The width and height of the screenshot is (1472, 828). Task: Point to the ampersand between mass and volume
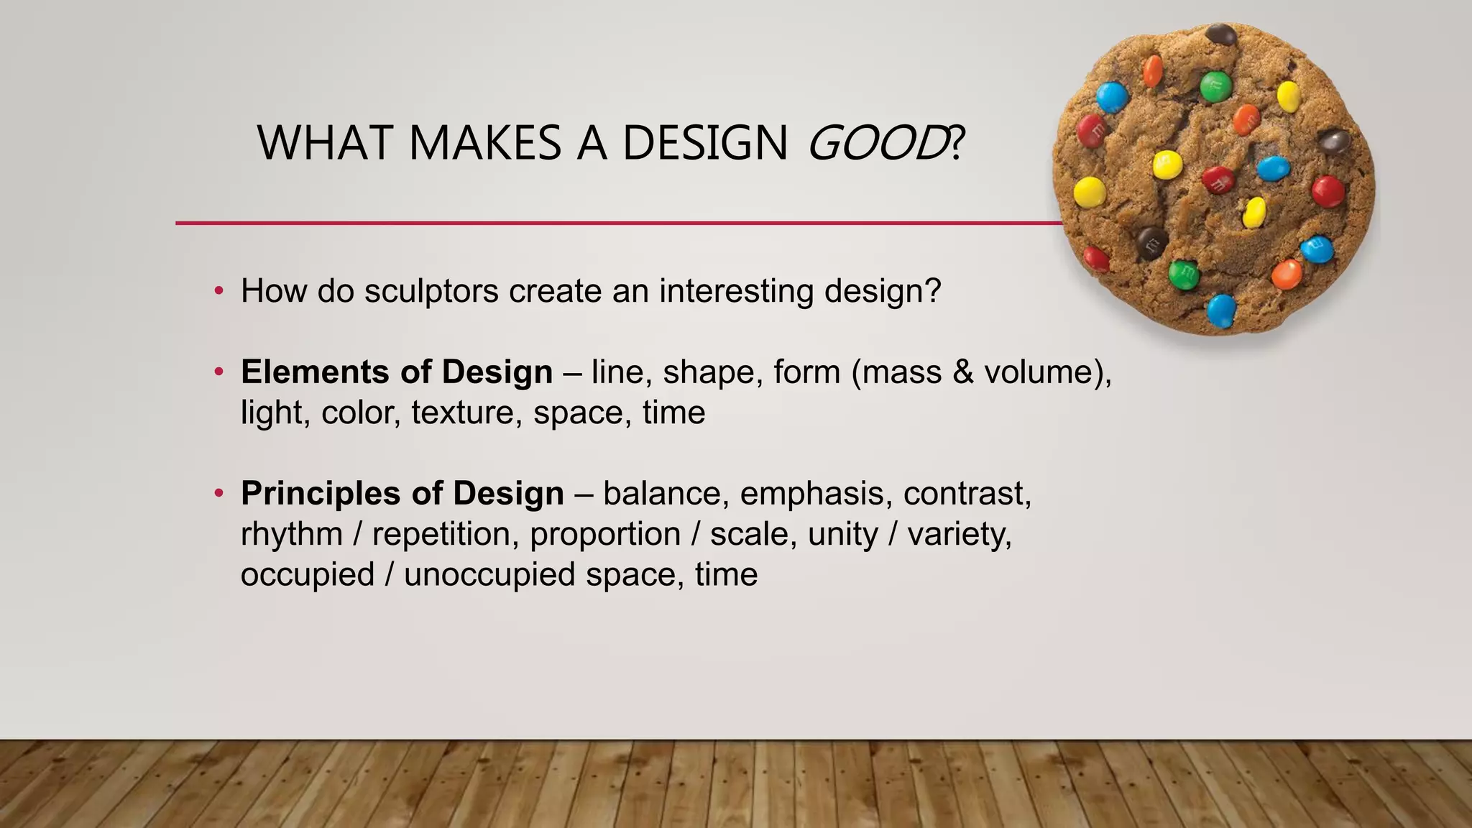pos(962,372)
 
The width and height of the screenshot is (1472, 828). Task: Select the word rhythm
pos(291,535)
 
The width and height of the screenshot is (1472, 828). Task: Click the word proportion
pos(605,535)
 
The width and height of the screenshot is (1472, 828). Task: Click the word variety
pos(960,535)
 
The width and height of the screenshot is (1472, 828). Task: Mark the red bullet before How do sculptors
pos(218,292)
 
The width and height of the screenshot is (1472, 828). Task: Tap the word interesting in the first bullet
pos(736,291)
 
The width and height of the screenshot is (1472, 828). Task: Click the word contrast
pos(967,494)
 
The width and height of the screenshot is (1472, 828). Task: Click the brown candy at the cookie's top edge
pos(1220,34)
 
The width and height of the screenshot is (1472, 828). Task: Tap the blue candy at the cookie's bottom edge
pos(1220,310)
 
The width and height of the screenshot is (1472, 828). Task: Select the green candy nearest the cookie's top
pos(1215,86)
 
